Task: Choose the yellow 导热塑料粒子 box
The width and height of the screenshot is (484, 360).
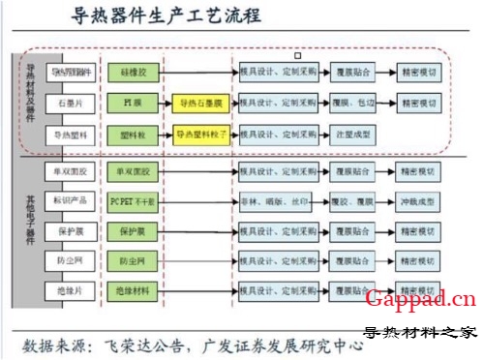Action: coord(200,135)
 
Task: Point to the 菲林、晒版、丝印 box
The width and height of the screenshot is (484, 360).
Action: coord(275,201)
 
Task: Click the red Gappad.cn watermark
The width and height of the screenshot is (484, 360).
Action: coord(420,299)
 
